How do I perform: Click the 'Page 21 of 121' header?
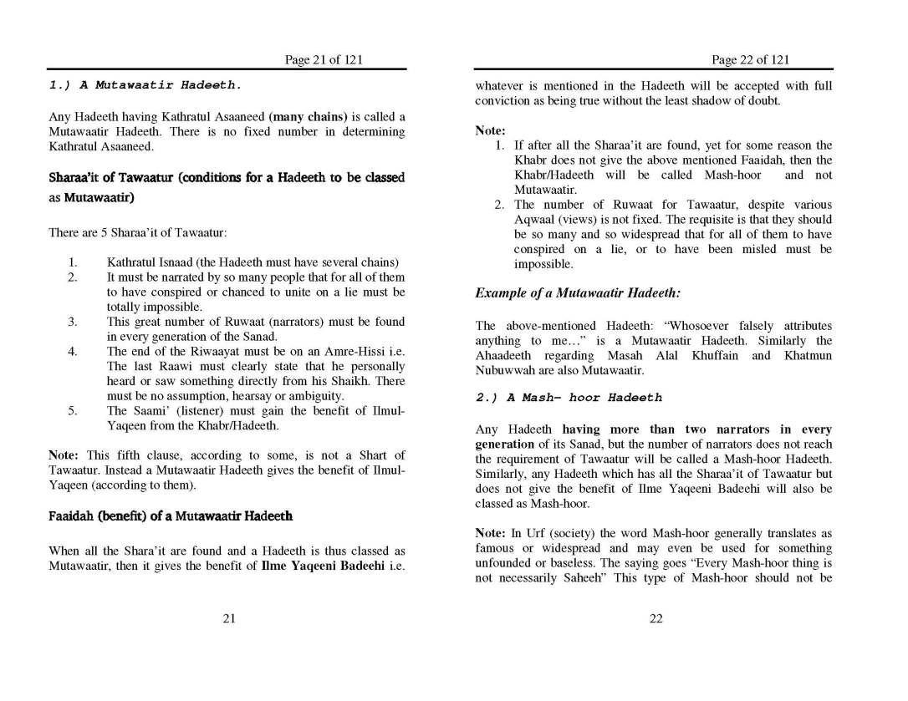point(324,59)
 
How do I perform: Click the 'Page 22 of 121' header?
point(750,59)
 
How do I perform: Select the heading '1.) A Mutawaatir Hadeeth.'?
point(146,85)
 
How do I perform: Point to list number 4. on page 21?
point(73,351)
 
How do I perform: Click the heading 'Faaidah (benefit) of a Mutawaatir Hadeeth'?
point(171,516)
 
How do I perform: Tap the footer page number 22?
point(655,618)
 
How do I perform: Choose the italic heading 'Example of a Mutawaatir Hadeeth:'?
point(578,293)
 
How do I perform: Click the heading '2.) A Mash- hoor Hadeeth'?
point(569,398)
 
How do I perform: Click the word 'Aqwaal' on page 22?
point(537,219)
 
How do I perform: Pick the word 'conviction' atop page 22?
point(504,100)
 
